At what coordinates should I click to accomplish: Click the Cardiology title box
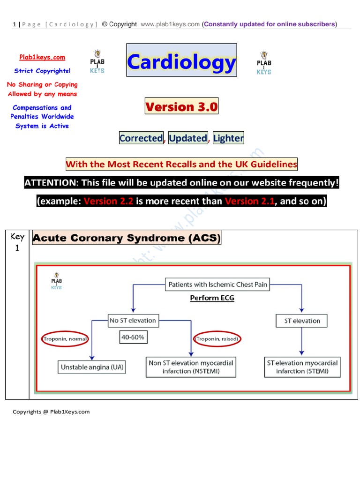[181, 60]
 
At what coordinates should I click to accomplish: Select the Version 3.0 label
[181, 107]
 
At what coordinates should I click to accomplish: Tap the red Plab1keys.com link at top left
[42, 57]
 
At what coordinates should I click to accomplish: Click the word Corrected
[141, 138]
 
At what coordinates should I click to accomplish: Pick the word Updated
[187, 138]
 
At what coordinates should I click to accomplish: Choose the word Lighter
[228, 138]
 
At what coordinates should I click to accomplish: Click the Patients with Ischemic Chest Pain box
[217, 285]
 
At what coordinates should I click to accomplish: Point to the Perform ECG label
[212, 298]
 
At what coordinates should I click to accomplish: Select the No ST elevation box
[133, 321]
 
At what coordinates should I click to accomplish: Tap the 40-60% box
[133, 337]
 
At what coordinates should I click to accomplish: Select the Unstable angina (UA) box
[92, 367]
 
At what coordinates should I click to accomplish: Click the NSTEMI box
[191, 367]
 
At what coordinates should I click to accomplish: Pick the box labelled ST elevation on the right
[302, 321]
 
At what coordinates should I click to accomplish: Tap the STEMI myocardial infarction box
[302, 367]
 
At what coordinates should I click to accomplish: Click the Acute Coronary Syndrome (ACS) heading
[126, 238]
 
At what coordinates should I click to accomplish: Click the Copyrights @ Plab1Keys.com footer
[51, 412]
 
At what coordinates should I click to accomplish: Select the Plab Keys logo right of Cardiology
[264, 63]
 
